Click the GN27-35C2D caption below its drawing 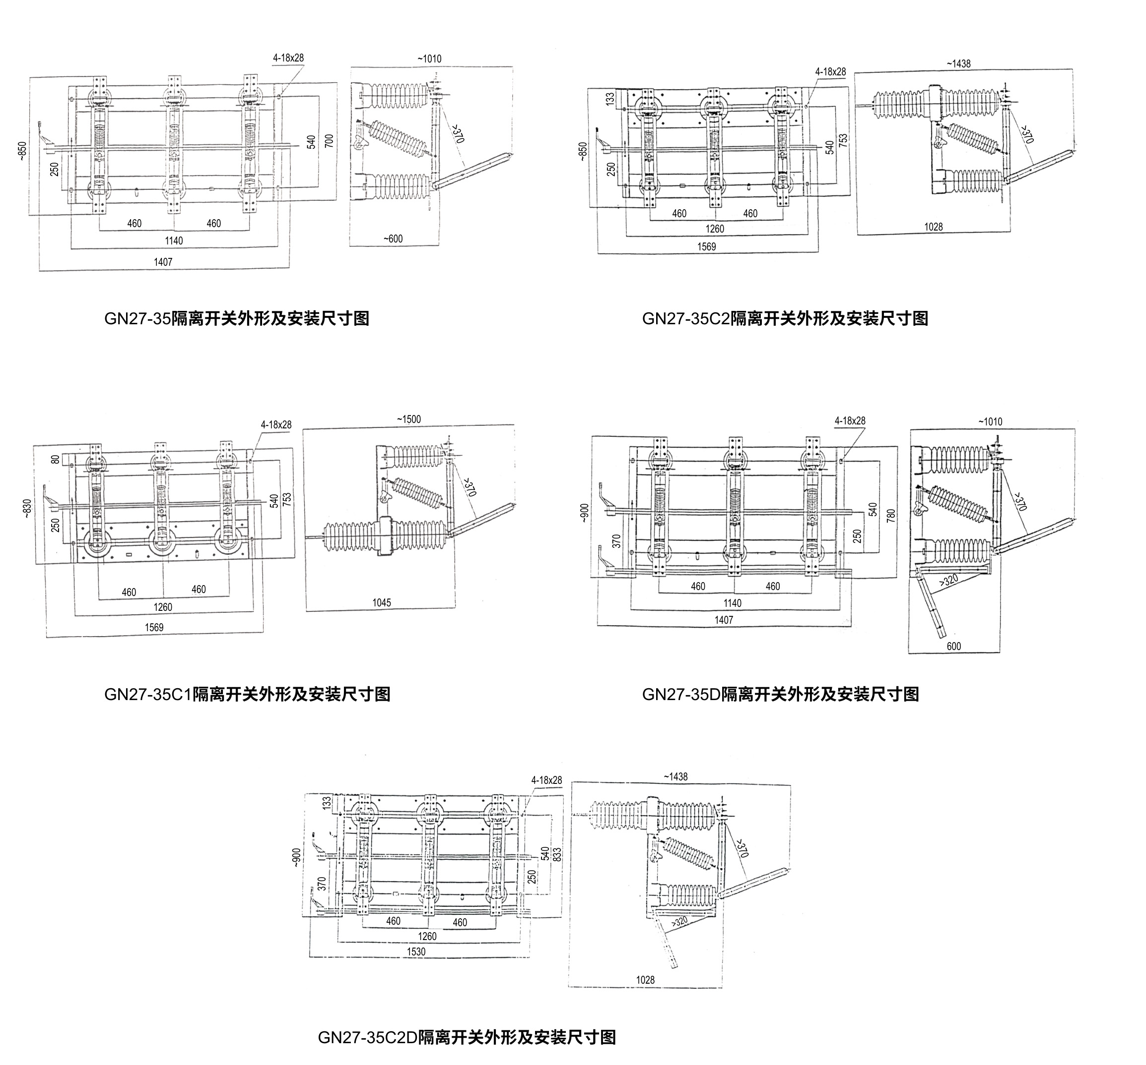(467, 1037)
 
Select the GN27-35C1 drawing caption (247, 694)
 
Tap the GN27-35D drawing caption (781, 694)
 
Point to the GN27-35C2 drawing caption (785, 318)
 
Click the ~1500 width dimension (408, 419)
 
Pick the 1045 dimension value (382, 602)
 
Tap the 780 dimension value (891, 516)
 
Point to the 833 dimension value (557, 854)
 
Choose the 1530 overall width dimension (416, 951)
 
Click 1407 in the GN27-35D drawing (724, 620)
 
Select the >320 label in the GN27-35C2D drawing (679, 922)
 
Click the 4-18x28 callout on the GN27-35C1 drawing (276, 424)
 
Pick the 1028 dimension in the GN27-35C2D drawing (645, 980)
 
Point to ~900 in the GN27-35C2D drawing (296, 856)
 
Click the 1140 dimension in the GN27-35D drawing (732, 603)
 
